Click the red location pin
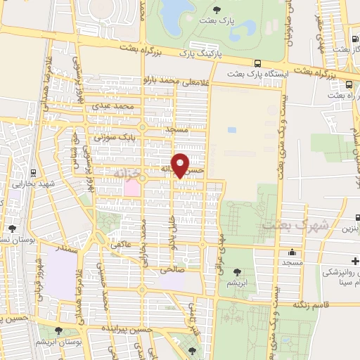(x=181, y=165)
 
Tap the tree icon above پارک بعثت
(x=216, y=9)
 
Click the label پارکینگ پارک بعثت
(x=200, y=53)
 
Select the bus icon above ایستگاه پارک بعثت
(x=257, y=61)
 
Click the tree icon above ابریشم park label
(x=236, y=271)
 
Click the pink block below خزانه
(x=131, y=188)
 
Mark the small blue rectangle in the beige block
(x=231, y=130)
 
